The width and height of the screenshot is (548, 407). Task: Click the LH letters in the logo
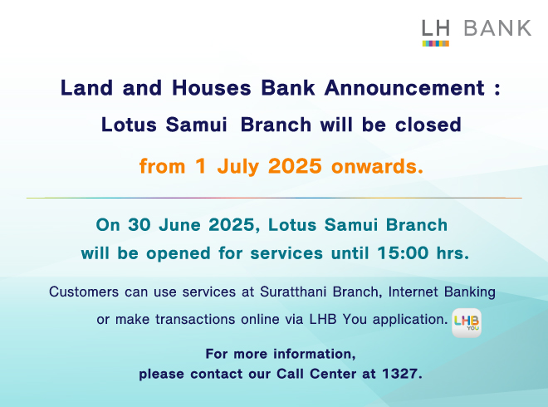[x=435, y=28]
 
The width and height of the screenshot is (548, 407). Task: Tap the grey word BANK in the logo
[x=497, y=28]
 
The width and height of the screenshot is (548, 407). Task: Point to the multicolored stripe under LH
[x=435, y=43]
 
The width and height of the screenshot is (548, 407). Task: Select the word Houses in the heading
[x=212, y=87]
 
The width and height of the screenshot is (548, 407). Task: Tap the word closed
[x=428, y=125]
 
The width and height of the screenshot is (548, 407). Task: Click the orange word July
[x=238, y=166]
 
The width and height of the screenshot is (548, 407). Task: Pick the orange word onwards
[x=377, y=166]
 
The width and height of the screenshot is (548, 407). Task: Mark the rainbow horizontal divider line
[x=274, y=198]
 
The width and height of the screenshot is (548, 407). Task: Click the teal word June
[x=179, y=224]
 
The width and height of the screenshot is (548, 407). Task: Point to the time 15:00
[x=403, y=253]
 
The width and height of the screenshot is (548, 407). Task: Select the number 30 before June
[x=139, y=224]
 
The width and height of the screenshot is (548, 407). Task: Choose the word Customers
[x=84, y=292]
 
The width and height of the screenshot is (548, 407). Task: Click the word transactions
[x=195, y=319]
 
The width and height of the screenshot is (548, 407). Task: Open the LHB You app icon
[x=467, y=323]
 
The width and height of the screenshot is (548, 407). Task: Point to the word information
[x=315, y=354]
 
